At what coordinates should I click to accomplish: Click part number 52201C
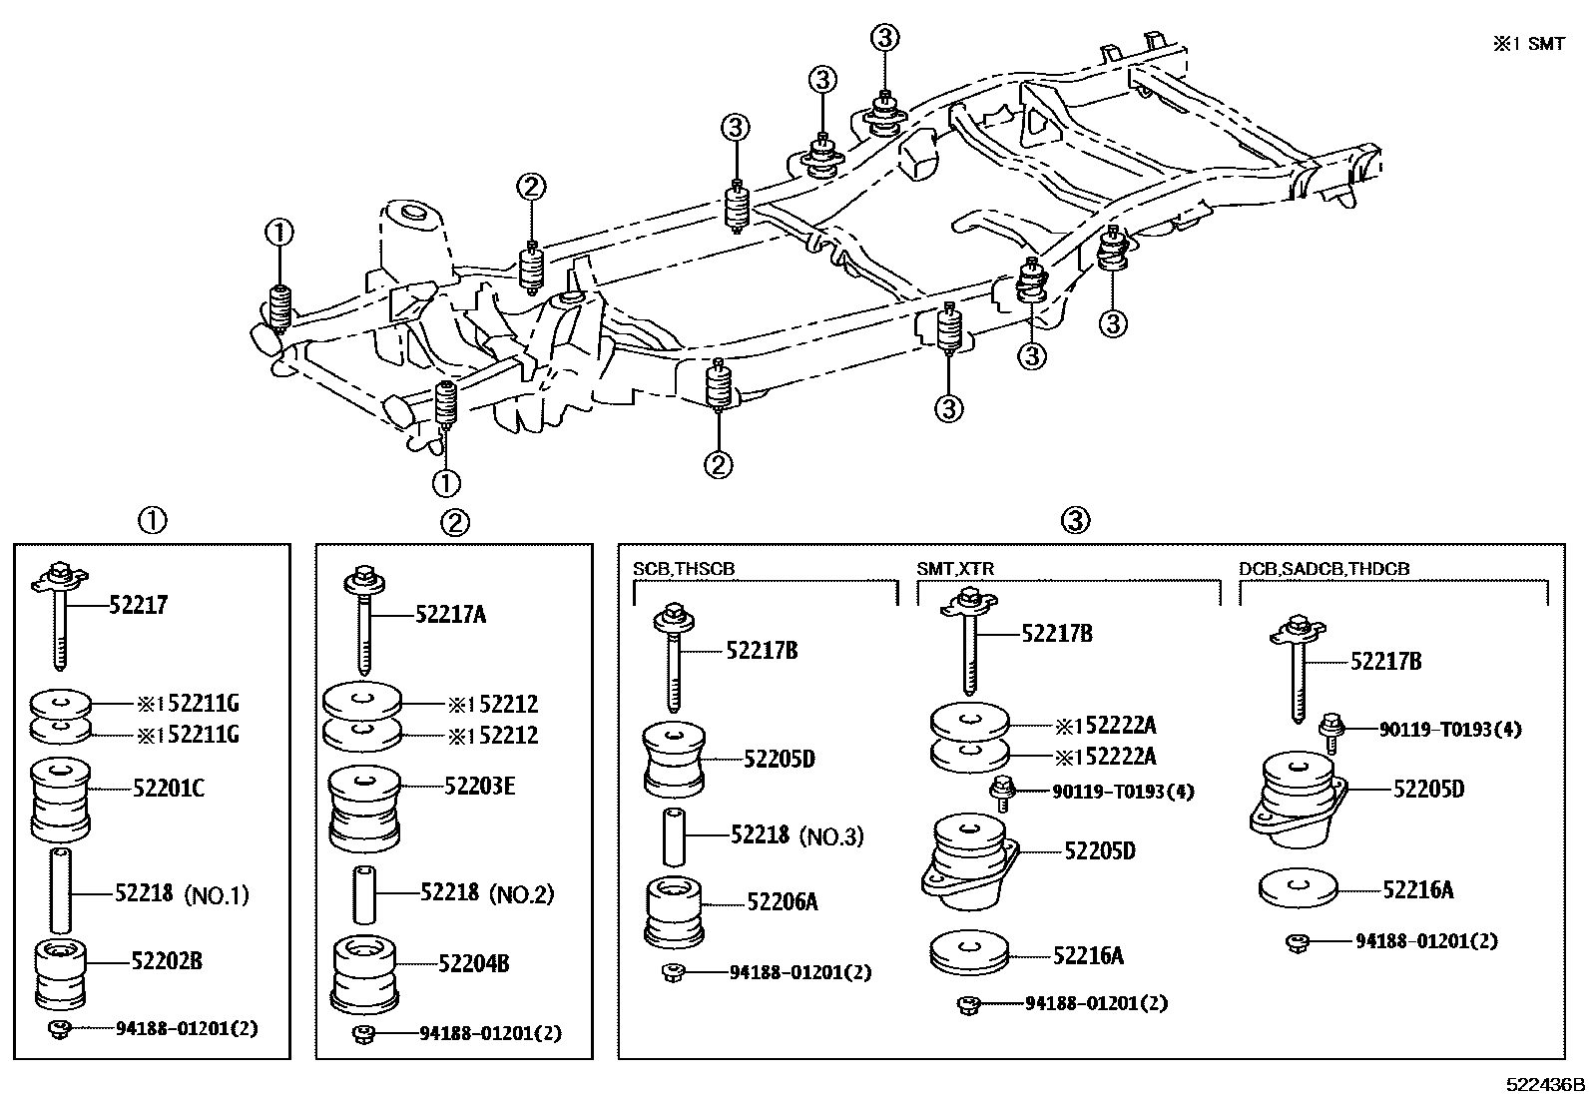click(169, 789)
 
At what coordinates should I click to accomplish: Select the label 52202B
click(167, 961)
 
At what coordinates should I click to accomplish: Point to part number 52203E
click(480, 787)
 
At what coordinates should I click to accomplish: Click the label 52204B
click(475, 964)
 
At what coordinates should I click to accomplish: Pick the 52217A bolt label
click(451, 615)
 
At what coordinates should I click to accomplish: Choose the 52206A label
click(783, 902)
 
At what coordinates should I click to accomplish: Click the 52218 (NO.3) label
click(796, 835)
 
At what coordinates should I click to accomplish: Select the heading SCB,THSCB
click(684, 569)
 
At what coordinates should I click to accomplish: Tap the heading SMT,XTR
click(955, 569)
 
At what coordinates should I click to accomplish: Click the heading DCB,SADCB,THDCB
click(1324, 569)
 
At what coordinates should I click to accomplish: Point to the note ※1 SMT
click(1528, 44)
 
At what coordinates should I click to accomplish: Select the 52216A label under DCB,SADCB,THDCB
click(1418, 889)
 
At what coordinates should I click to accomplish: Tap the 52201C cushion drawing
click(61, 799)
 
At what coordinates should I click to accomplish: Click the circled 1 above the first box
click(152, 520)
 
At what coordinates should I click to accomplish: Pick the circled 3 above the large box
click(1075, 520)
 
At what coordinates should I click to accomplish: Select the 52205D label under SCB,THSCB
click(780, 760)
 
